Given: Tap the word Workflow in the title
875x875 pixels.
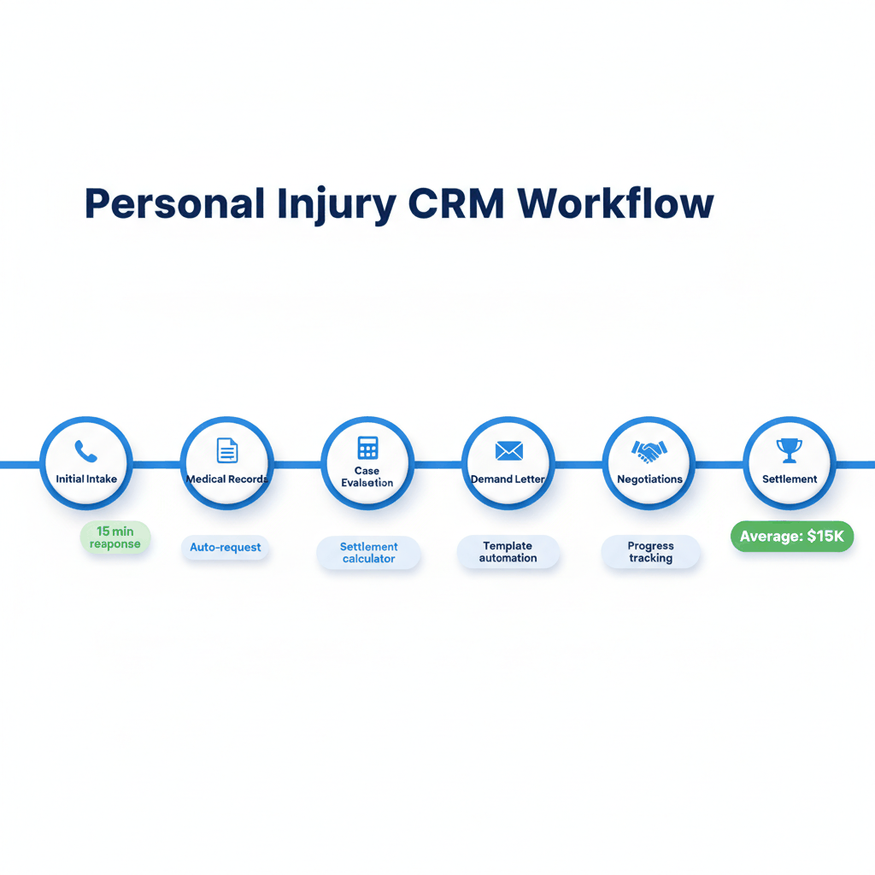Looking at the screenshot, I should coord(615,204).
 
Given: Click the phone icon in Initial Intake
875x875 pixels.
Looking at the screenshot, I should coord(86,451).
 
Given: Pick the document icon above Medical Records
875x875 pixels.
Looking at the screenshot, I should coord(227,450).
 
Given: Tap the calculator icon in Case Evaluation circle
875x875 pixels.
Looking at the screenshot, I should coord(367,448).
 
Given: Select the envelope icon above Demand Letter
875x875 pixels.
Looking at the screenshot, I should coord(508,450).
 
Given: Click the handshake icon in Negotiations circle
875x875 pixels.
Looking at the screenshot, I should coord(649,450).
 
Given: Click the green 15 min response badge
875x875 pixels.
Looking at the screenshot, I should coord(115,537).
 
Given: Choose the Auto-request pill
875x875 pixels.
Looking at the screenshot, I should coord(226,547).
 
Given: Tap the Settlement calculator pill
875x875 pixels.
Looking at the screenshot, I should coord(368,553).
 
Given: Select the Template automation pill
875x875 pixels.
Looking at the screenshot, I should coord(508,552).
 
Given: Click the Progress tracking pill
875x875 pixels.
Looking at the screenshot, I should coord(651,552).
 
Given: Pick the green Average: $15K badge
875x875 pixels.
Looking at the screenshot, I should coord(792,537).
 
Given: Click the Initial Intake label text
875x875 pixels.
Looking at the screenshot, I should coord(86,479).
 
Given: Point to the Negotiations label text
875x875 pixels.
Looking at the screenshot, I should coord(649,479).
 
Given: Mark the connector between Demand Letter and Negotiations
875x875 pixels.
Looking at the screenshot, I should coord(578,465).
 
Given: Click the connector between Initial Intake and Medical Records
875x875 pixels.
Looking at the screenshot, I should coord(156,465).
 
